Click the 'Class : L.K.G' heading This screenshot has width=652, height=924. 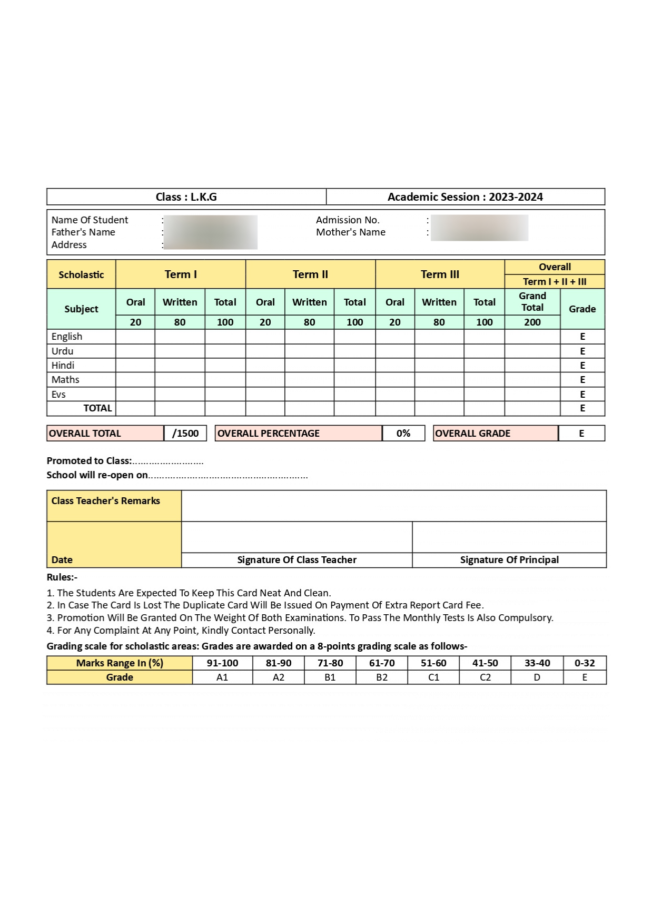point(186,197)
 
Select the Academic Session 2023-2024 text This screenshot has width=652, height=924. point(465,197)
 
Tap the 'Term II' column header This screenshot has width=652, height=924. point(310,274)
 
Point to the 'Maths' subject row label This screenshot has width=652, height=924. point(65,380)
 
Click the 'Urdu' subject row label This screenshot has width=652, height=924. point(62,351)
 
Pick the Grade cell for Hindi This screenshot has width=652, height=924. point(582,366)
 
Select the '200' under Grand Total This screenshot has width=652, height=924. point(532,322)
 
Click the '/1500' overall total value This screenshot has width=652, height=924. point(185,434)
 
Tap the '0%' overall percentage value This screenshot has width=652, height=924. point(403,434)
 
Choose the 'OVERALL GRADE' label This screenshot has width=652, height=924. point(472,434)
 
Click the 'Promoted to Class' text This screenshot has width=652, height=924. point(89,461)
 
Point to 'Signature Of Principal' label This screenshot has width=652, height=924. point(509,560)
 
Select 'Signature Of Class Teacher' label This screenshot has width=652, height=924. point(297,560)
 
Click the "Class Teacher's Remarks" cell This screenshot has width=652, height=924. point(105,501)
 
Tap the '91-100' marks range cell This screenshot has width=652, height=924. point(222,663)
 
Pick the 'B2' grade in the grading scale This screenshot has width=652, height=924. point(382,677)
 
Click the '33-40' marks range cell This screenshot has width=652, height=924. point(537,663)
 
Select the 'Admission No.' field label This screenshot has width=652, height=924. point(348,220)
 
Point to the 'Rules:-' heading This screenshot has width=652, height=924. point(62,577)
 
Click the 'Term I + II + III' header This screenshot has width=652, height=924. point(554,282)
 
